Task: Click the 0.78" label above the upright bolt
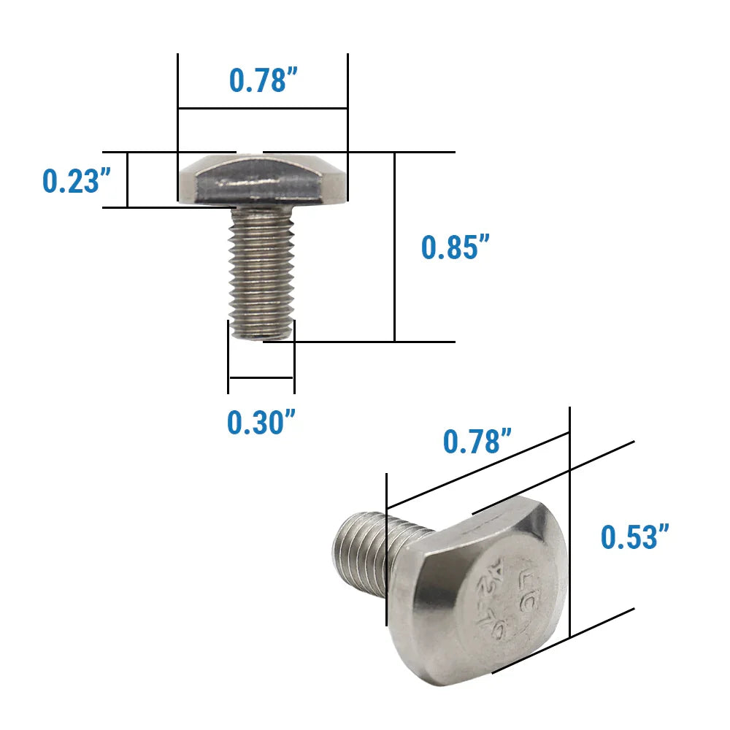[x=261, y=80]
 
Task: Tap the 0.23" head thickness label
[x=70, y=180]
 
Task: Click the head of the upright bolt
[x=262, y=179]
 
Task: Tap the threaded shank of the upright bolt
[x=261, y=270]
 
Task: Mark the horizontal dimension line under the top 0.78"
[x=262, y=109]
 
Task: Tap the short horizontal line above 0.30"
[x=261, y=377]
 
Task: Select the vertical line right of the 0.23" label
[x=128, y=180]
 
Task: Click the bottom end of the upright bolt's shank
[x=262, y=334]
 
